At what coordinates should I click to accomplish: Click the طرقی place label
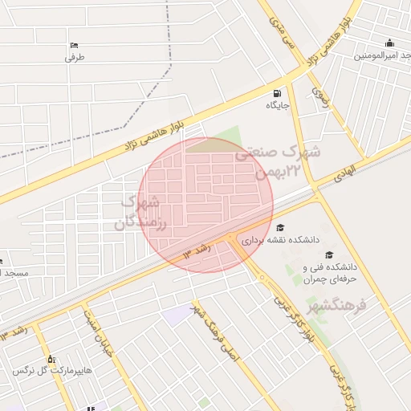pos(75,57)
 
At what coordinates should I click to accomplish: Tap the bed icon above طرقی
pos(75,44)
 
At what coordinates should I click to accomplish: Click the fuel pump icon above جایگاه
pos(278,92)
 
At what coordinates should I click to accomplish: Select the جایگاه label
pos(278,105)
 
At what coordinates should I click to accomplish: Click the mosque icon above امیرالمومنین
pos(390,43)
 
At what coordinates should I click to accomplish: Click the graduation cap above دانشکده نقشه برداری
pos(280,227)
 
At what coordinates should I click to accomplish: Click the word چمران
pos(319,279)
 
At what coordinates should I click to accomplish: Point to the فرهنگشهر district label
pos(336,306)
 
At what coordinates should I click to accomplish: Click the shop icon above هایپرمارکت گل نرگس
pos(51,359)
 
